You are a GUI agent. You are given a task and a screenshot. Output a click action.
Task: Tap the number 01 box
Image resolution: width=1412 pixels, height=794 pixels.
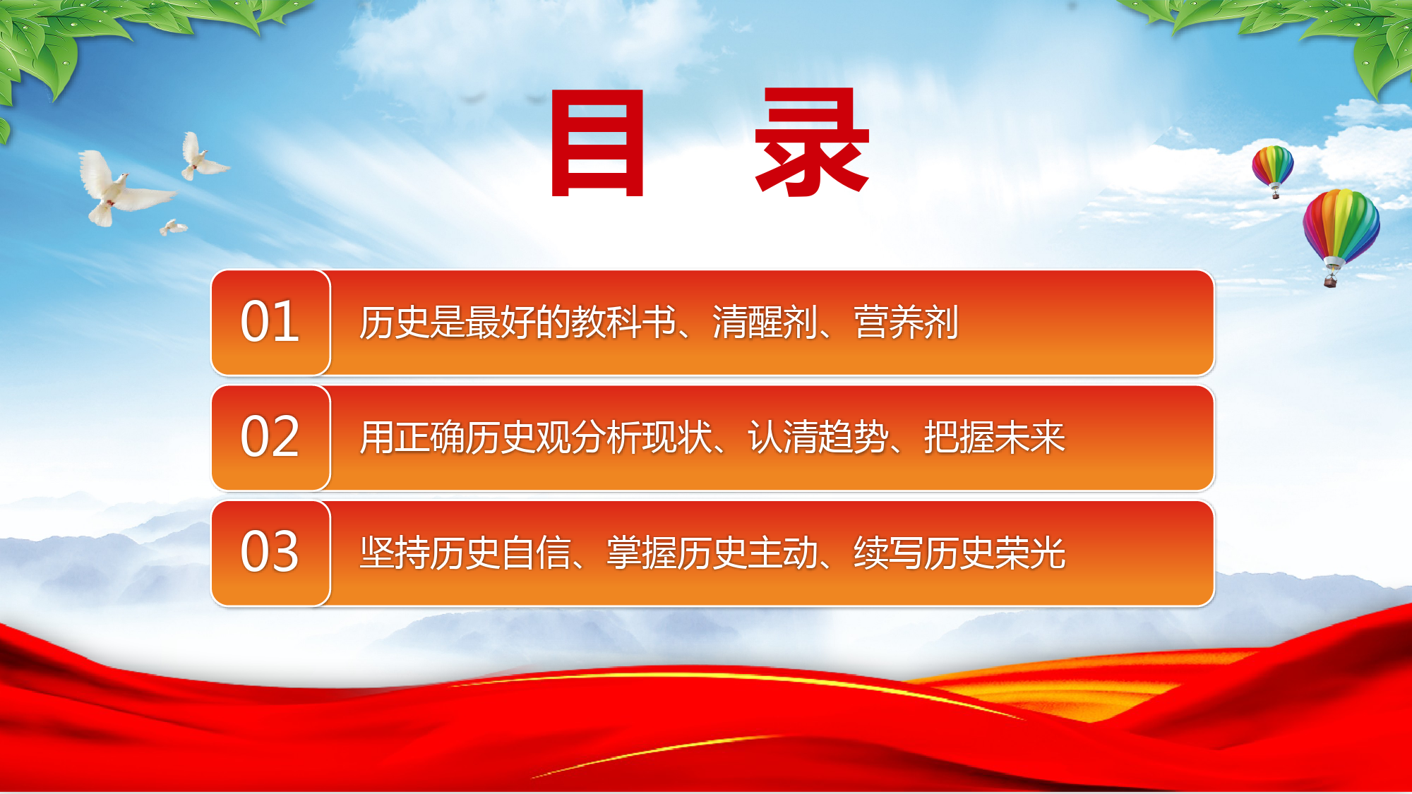(270, 323)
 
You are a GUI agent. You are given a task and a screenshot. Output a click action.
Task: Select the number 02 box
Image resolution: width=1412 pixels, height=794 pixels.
(270, 438)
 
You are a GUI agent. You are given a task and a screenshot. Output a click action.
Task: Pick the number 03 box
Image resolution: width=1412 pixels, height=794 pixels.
(270, 553)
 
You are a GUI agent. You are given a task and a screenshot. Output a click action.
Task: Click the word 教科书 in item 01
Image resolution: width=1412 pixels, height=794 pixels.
(623, 323)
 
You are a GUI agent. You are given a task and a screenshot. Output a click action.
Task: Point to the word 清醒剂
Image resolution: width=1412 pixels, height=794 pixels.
(765, 323)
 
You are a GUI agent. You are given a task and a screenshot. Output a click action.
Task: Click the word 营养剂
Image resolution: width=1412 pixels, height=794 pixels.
(906, 323)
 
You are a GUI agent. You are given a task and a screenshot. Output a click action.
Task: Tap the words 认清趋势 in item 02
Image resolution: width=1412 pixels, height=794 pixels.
(818, 438)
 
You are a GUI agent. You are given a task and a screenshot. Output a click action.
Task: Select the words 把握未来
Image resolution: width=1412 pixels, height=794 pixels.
(994, 438)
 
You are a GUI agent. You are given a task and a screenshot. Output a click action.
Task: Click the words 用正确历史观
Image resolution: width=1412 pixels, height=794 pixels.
(465, 438)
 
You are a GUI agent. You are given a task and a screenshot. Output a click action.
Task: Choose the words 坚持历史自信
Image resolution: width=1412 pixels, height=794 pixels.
(465, 553)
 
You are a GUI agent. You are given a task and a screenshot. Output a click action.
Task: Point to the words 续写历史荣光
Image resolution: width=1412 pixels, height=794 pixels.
(959, 553)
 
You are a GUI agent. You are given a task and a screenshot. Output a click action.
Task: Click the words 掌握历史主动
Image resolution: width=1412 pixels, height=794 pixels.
(712, 553)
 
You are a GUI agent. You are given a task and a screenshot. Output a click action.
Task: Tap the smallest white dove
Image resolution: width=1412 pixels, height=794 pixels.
(173, 227)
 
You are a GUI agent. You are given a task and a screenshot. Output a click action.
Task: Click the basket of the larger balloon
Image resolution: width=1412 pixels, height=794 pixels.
(1330, 282)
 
